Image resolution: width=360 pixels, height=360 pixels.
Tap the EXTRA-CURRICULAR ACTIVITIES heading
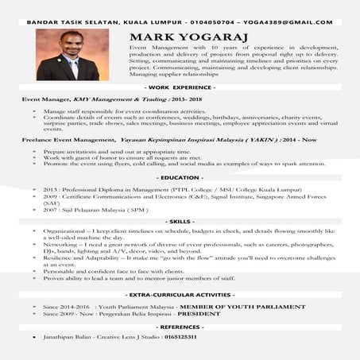(x=180, y=295)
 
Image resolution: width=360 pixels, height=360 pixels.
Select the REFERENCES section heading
(x=180, y=327)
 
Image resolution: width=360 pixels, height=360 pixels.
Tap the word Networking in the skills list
(x=61, y=246)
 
